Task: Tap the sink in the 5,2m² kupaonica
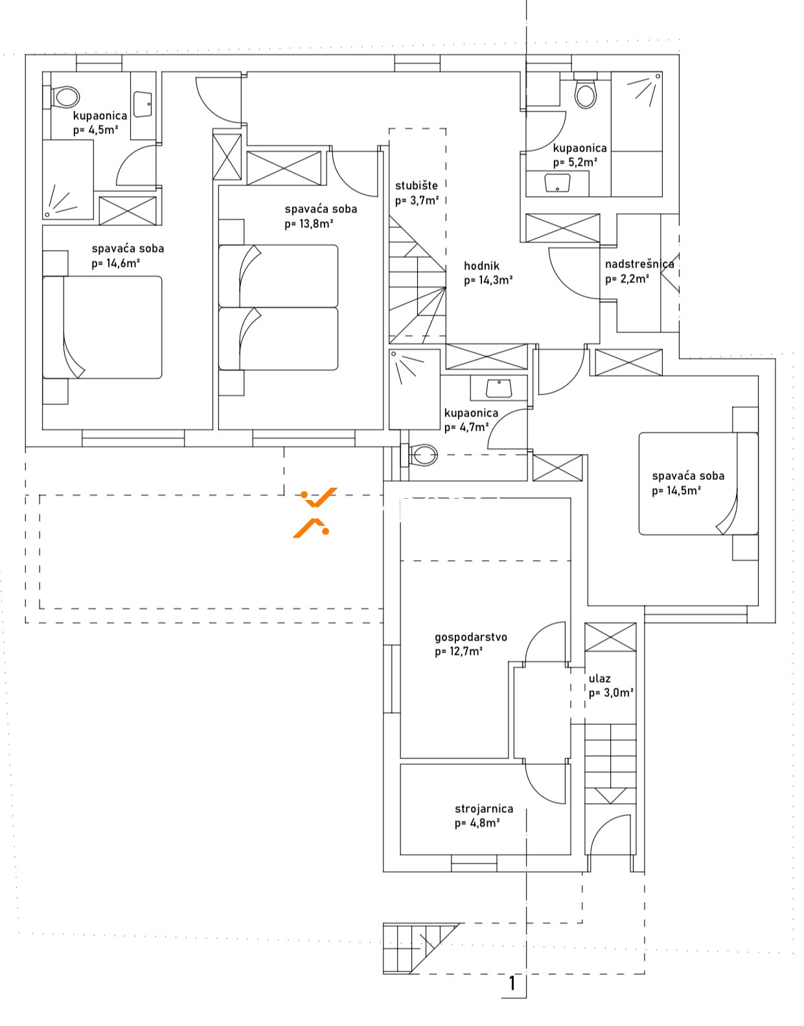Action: pyautogui.click(x=558, y=183)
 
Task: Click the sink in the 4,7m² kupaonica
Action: pyautogui.click(x=499, y=388)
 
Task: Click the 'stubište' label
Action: pyautogui.click(x=417, y=185)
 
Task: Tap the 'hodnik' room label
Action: pyautogui.click(x=481, y=266)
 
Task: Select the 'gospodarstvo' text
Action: pyautogui.click(x=471, y=637)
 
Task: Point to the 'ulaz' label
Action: pyautogui.click(x=599, y=678)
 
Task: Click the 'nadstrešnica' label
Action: pyautogui.click(x=639, y=264)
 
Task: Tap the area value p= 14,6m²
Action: pyautogui.click(x=116, y=264)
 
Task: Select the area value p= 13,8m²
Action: pyautogui.click(x=309, y=224)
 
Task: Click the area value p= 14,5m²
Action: pyautogui.click(x=676, y=490)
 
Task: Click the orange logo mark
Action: pyautogui.click(x=315, y=512)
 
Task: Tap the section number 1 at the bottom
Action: pyautogui.click(x=512, y=983)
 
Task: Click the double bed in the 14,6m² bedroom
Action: pyautogui.click(x=102, y=327)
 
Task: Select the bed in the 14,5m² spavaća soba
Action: pyautogui.click(x=698, y=483)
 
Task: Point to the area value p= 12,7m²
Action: pyautogui.click(x=459, y=652)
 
